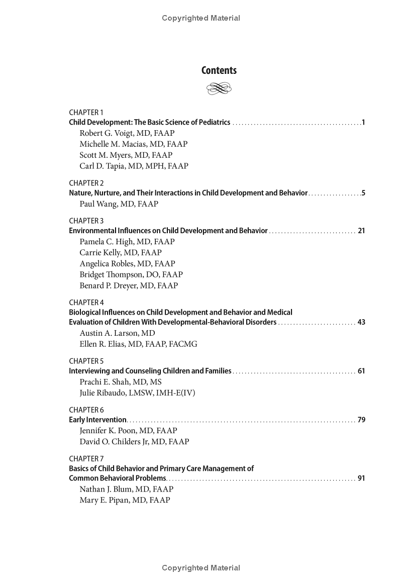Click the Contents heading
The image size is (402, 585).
click(x=219, y=70)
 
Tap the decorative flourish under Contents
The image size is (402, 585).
click(x=219, y=89)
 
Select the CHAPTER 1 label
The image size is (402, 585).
click(x=86, y=112)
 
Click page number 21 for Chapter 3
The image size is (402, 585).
click(x=361, y=231)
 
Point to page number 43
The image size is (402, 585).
click(x=361, y=322)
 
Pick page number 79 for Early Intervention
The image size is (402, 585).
click(x=361, y=420)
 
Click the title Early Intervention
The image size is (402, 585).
click(x=97, y=420)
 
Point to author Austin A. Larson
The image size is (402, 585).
click(x=110, y=333)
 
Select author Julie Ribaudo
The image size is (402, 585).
click(x=104, y=393)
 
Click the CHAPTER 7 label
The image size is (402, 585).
click(x=86, y=458)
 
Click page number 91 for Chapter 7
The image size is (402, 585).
click(x=361, y=478)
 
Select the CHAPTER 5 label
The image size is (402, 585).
click(x=86, y=361)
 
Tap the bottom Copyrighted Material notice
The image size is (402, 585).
click(x=201, y=568)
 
